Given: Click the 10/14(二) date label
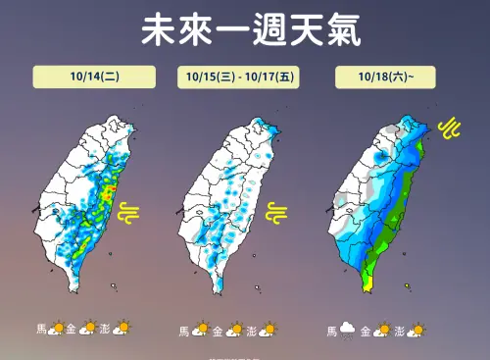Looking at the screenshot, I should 94,77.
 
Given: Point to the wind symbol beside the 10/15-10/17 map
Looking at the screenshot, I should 277,212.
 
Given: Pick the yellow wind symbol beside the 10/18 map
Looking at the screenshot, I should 450,128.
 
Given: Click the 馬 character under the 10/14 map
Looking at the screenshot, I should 41,329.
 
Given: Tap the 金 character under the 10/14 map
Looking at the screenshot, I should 73,329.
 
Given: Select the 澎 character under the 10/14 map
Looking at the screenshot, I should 104,329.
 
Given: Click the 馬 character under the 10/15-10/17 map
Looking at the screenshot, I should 183,331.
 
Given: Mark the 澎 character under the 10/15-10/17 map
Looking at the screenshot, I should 251,331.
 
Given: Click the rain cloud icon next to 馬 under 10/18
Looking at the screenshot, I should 346,331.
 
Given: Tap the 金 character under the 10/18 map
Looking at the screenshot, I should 366,331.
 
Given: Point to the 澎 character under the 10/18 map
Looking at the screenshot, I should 399,331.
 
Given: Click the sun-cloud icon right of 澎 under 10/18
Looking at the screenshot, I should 417,331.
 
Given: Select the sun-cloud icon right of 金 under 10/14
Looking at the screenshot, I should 88,328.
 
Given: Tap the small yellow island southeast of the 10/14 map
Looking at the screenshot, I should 114,286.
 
